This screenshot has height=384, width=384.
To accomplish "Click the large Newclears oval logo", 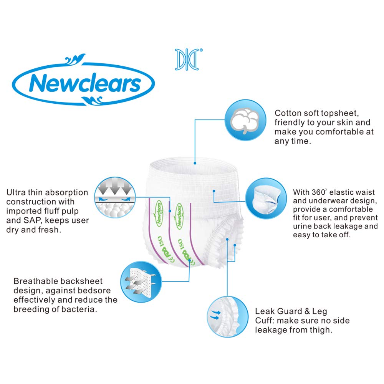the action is pyautogui.click(x=83, y=80).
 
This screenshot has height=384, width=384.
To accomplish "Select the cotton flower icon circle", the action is pyautogui.click(x=245, y=120).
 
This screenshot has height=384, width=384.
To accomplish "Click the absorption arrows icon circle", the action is pyautogui.click(x=115, y=197).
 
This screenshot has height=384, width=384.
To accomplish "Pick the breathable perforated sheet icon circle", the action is pyautogui.click(x=141, y=281).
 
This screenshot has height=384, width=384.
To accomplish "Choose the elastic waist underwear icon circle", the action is pyautogui.click(x=266, y=199).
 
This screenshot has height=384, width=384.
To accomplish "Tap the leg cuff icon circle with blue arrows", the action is pyautogui.click(x=228, y=317).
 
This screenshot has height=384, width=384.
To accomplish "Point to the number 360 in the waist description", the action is pyautogui.click(x=319, y=192).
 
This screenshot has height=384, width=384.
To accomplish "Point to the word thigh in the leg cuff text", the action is pyautogui.click(x=320, y=330).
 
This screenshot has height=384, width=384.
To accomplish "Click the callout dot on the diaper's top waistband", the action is pyautogui.click(x=195, y=163).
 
